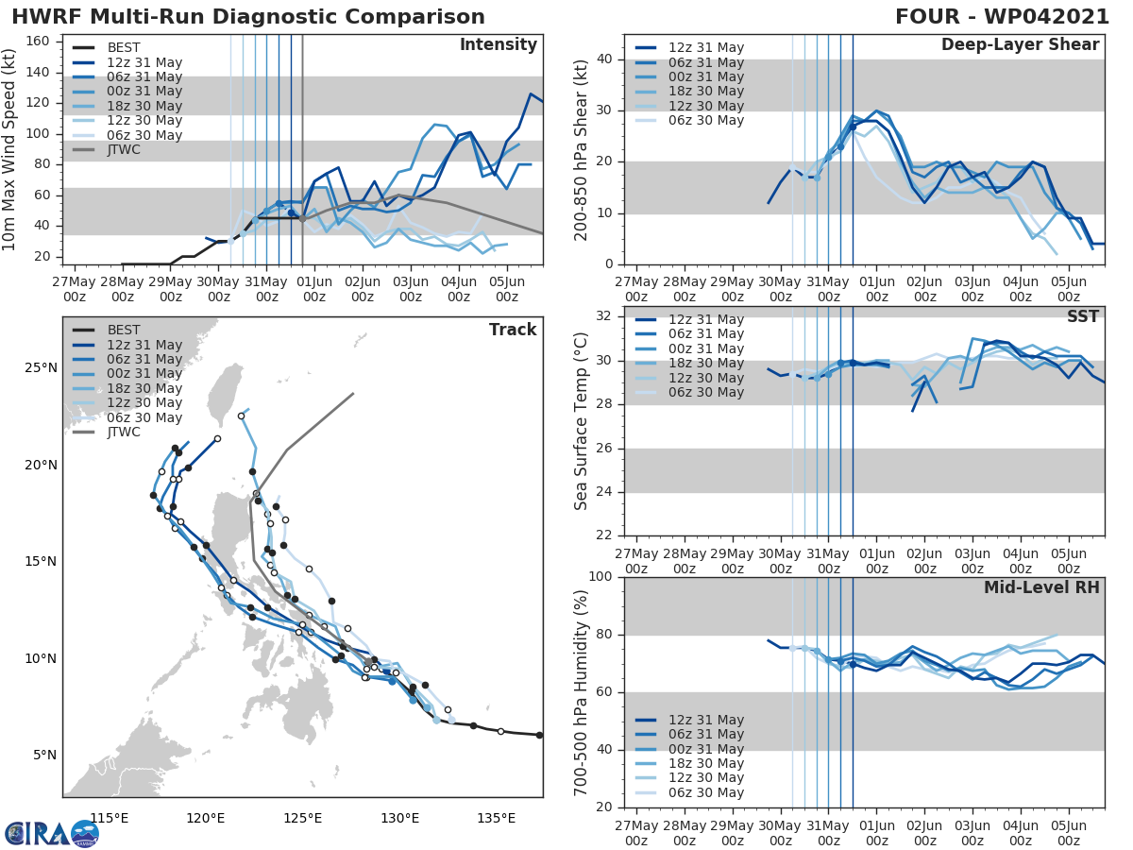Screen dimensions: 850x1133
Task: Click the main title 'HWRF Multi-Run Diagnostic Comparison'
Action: [248, 17]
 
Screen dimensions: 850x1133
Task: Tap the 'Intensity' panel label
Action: [498, 45]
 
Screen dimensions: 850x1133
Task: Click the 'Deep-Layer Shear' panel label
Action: [1020, 45]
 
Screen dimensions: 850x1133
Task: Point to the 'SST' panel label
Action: [1083, 316]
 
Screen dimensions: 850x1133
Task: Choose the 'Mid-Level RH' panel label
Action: [1041, 587]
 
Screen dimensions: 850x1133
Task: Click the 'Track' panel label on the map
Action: [513, 330]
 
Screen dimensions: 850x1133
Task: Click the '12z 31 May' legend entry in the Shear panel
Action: [706, 48]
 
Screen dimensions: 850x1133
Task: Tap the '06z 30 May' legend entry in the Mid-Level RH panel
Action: [706, 793]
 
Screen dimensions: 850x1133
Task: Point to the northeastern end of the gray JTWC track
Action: [353, 394]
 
